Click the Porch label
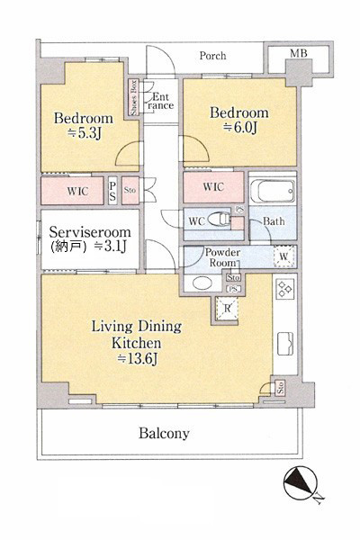[212, 56]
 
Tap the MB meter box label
[298, 53]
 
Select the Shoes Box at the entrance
[134, 98]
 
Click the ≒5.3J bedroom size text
[84, 133]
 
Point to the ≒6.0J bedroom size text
[240, 128]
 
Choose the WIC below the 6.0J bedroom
[213, 187]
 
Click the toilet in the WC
[220, 219]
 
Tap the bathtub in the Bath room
[273, 191]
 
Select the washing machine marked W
[283, 256]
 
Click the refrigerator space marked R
[227, 308]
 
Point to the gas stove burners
[285, 289]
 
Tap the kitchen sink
[285, 343]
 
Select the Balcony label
[164, 433]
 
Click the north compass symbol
[300, 482]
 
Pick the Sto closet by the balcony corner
[281, 388]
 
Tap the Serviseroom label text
[90, 232]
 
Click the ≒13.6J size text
[138, 359]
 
